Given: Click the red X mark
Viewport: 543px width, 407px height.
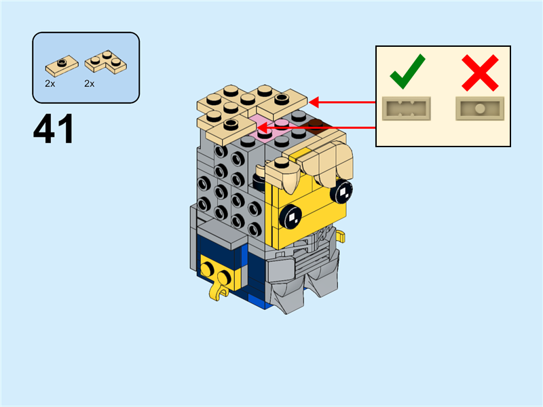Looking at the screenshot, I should click(480, 73).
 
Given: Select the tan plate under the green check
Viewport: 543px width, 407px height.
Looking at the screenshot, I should click(407, 107).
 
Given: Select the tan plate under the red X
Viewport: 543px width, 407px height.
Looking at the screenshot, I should click(479, 107).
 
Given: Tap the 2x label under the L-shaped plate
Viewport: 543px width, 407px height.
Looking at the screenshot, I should click(89, 83).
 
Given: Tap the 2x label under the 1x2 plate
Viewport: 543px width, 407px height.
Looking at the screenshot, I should click(50, 83).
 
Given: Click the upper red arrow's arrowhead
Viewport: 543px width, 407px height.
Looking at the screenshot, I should click(314, 102).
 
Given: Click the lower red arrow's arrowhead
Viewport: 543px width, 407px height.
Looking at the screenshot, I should click(262, 127).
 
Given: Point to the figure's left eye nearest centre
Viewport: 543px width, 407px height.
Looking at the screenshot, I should click(293, 216).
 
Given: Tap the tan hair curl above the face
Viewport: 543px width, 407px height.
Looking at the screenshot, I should click(326, 163).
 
